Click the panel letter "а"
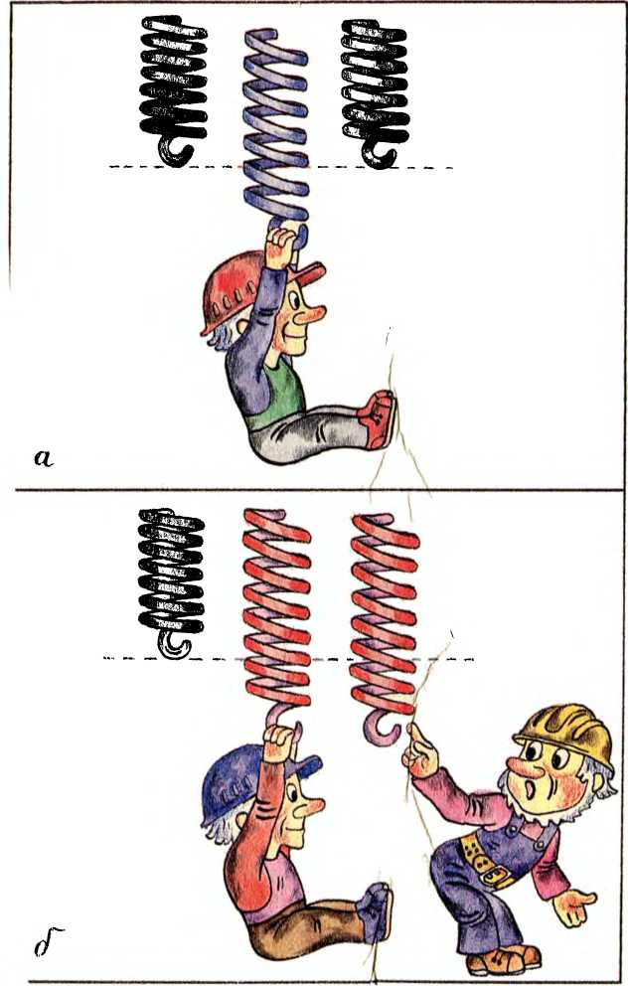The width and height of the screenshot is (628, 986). [44, 458]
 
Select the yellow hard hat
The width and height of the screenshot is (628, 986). [565, 733]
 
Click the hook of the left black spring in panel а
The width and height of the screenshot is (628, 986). [174, 151]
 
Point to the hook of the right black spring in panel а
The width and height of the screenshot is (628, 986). [379, 152]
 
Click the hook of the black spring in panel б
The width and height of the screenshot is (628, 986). [174, 644]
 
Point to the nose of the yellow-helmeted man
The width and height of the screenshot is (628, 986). [520, 767]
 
